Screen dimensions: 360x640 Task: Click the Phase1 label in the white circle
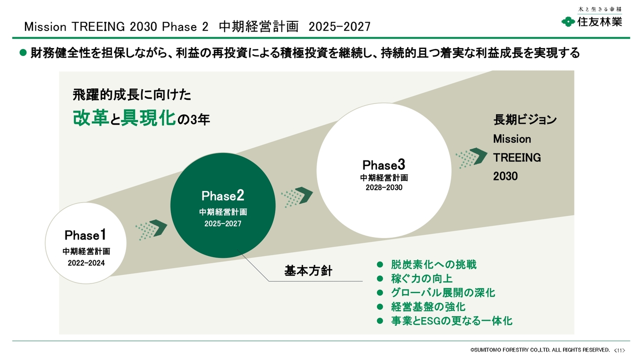point(85,234)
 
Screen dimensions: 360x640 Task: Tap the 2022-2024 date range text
point(86,262)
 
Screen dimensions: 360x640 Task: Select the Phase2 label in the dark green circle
point(222,195)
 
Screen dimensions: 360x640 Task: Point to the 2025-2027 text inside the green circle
point(222,223)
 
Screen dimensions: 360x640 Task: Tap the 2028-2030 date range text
point(383,187)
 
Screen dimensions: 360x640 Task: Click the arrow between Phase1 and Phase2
point(151,229)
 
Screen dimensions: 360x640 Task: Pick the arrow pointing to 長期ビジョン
point(471,158)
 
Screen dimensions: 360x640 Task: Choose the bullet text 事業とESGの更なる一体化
point(451,321)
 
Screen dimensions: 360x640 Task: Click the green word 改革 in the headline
point(90,117)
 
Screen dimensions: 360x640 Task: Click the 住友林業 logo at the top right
point(592,21)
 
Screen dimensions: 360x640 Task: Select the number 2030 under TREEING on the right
point(505,176)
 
